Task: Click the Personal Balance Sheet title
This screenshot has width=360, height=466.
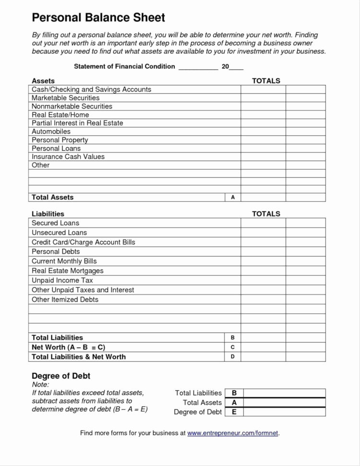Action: (98, 18)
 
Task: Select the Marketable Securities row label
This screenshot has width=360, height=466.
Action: (65, 98)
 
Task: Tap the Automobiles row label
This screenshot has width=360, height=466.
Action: (51, 131)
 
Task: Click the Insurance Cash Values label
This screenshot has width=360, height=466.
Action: (68, 157)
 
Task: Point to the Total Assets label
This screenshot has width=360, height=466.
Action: (52, 197)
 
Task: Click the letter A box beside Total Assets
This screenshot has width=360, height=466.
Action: (233, 197)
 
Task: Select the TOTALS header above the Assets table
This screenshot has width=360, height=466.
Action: (266, 81)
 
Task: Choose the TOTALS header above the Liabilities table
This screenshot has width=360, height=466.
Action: (266, 214)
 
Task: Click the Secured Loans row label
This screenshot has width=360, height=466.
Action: (55, 223)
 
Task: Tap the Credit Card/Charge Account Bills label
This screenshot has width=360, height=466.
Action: (83, 242)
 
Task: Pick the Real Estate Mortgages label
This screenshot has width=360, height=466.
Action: (67, 270)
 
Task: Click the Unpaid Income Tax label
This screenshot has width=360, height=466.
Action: (62, 280)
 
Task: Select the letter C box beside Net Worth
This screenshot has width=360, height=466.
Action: (233, 347)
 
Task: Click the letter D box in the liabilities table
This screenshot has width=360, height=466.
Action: (233, 356)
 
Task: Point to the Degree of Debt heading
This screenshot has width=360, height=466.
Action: (61, 376)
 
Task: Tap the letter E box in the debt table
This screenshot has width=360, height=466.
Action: (234, 412)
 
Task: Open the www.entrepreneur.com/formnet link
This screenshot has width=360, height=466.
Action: (232, 433)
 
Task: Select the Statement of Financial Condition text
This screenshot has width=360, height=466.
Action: (124, 66)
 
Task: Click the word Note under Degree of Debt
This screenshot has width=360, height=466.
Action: (40, 385)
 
